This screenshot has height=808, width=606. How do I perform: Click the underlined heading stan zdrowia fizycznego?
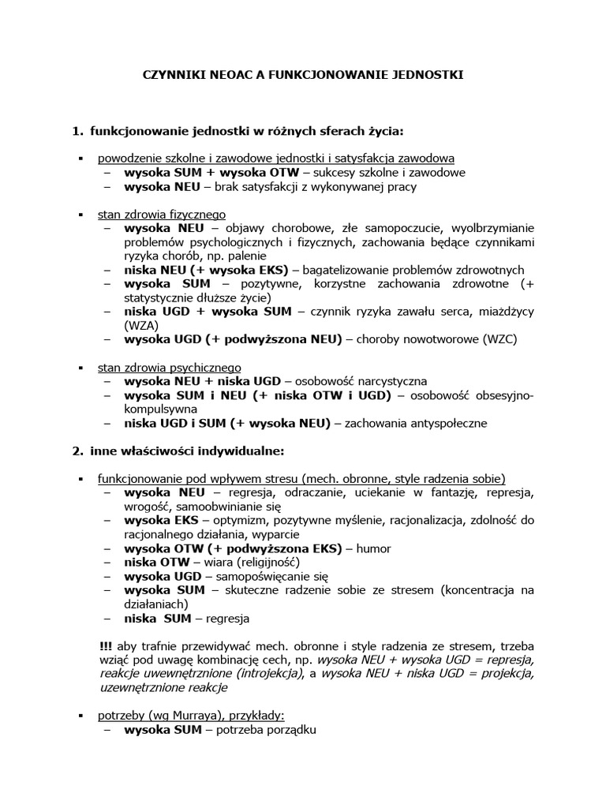coord(162,214)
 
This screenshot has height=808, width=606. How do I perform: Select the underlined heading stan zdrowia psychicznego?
coord(169,367)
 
